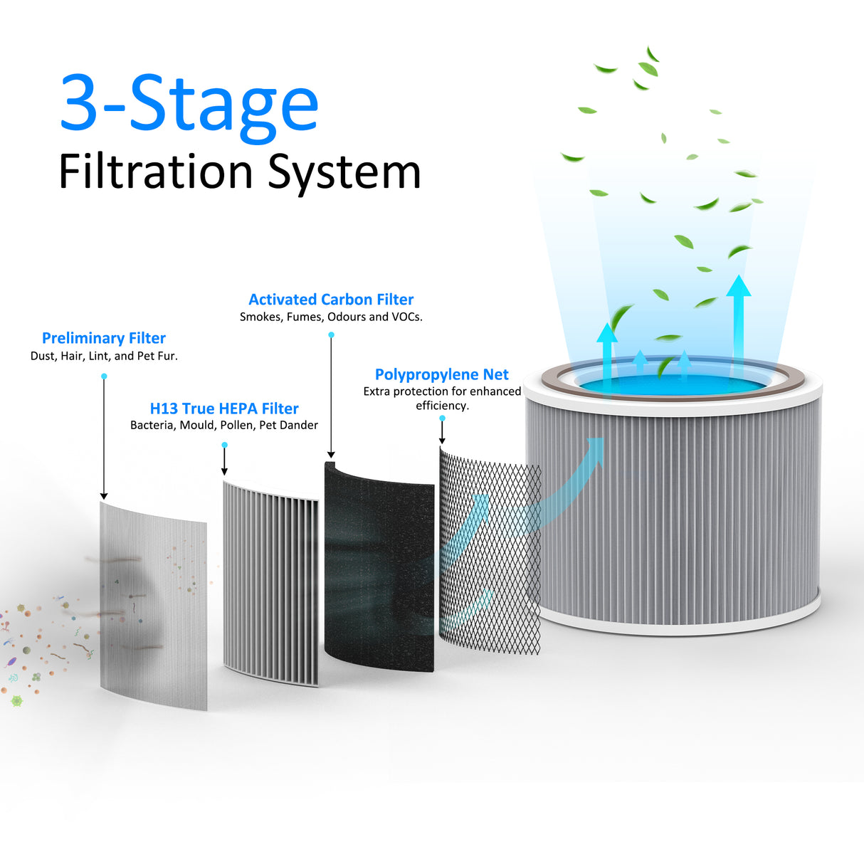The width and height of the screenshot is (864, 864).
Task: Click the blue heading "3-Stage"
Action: [x=189, y=104]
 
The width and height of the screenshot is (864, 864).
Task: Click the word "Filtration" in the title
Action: [x=155, y=172]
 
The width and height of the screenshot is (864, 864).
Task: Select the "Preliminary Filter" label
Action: [x=104, y=338]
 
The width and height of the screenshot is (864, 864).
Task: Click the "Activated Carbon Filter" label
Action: [x=331, y=300]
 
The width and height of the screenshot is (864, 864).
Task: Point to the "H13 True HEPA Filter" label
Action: [x=224, y=409]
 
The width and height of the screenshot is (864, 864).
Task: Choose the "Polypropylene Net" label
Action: [x=441, y=374]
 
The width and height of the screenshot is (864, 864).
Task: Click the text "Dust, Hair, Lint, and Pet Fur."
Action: [x=104, y=356]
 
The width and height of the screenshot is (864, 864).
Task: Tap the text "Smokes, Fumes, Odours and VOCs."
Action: [x=331, y=317]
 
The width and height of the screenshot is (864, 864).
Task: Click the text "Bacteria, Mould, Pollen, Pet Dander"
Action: [x=224, y=426]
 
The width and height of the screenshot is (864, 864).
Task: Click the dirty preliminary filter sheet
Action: [x=153, y=605]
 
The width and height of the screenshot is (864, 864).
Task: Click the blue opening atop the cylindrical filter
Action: [x=673, y=382]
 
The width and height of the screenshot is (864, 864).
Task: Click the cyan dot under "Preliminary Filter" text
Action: [x=104, y=376]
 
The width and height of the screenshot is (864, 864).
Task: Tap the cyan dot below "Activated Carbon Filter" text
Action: [x=331, y=334]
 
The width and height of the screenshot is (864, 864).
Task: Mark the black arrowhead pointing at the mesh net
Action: [x=442, y=441]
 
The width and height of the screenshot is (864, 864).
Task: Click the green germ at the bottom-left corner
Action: [x=17, y=701]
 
